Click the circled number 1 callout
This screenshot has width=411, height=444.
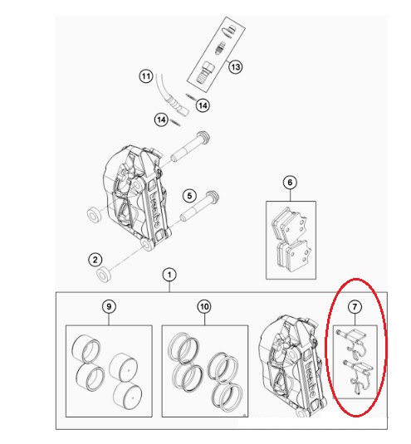(x=169, y=275)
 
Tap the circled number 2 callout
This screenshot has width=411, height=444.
(x=95, y=260)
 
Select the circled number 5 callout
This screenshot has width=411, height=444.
(x=189, y=196)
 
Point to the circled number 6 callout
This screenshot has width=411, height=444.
(x=290, y=183)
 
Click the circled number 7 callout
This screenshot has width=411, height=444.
(x=355, y=307)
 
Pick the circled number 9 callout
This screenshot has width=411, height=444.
(x=109, y=306)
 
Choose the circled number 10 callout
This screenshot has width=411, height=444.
(x=204, y=306)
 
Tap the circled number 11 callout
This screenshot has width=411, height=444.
(x=146, y=76)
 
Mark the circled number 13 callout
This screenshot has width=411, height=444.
(x=235, y=67)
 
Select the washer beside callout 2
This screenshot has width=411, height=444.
(x=104, y=274)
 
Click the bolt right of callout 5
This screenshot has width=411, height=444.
(x=200, y=206)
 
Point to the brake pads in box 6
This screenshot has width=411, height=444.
(x=291, y=241)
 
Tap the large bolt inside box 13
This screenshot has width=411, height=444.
(x=206, y=72)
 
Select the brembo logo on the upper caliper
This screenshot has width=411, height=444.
(x=154, y=208)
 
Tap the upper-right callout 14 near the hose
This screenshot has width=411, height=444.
(x=203, y=105)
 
